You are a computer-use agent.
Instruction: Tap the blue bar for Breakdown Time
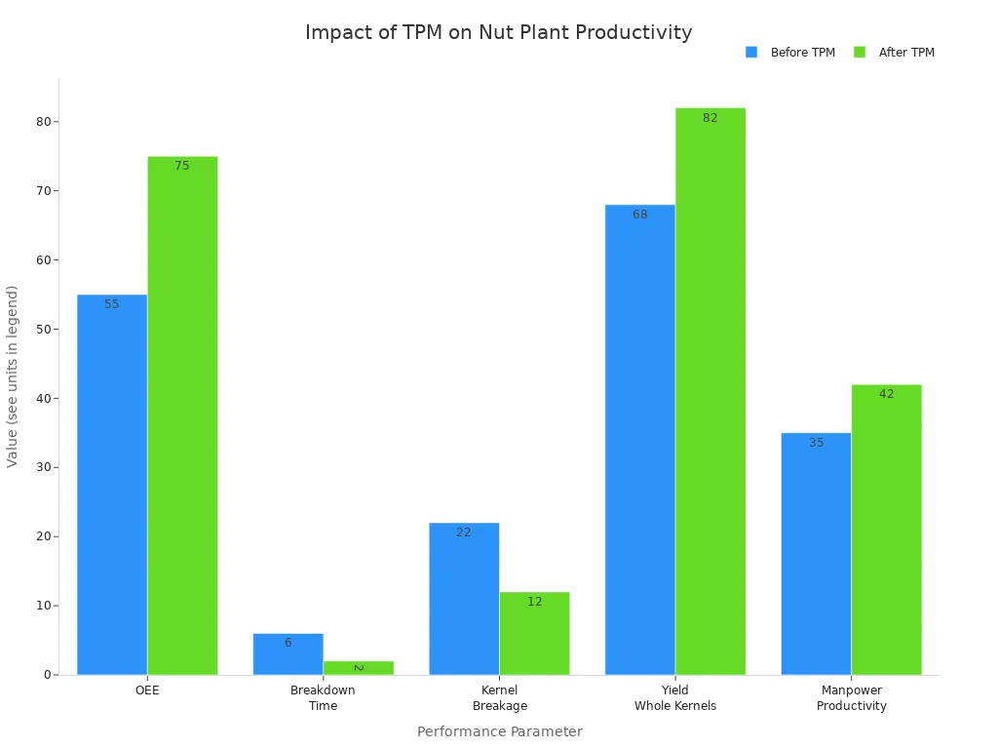[x=288, y=655]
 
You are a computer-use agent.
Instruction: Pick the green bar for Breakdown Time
[x=359, y=668]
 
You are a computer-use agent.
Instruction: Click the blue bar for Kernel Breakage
[x=464, y=599]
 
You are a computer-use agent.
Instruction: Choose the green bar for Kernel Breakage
[x=534, y=634]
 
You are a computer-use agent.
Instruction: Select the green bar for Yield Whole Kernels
[x=710, y=391]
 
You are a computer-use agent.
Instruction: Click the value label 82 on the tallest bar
[x=710, y=118]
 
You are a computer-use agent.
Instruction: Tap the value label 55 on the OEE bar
[x=112, y=304]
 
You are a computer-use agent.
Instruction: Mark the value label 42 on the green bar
[x=886, y=394]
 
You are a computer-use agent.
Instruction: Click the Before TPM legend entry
[x=790, y=53]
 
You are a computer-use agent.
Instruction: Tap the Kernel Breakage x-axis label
[x=499, y=698]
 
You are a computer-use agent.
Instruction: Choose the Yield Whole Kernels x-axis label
[x=675, y=698]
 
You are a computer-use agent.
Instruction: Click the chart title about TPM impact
[x=499, y=32]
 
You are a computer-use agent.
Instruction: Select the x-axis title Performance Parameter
[x=499, y=731]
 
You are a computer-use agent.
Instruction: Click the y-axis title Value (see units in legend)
[x=13, y=375]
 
